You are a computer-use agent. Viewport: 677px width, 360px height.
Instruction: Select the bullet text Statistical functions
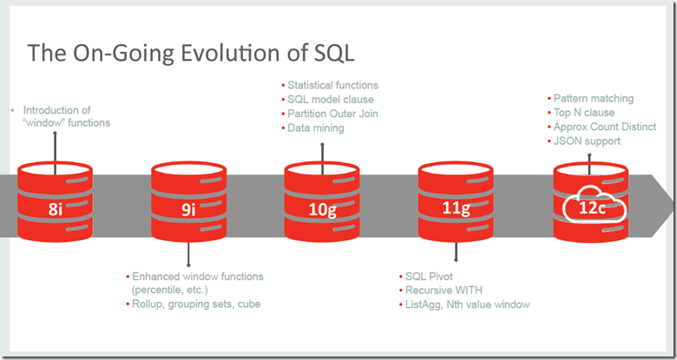click(x=332, y=85)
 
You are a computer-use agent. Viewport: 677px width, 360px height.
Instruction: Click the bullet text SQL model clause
click(x=331, y=100)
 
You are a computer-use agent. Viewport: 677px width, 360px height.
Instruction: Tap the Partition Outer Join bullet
click(x=332, y=114)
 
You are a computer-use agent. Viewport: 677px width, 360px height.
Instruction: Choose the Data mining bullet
click(x=316, y=128)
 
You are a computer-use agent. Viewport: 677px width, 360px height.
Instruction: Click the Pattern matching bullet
click(x=594, y=98)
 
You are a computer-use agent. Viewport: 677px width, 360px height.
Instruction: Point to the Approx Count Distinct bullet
click(x=604, y=127)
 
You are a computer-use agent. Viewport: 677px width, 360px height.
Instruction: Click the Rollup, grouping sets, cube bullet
click(x=195, y=304)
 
